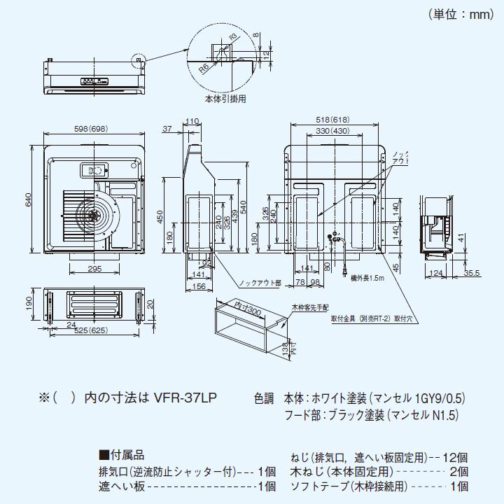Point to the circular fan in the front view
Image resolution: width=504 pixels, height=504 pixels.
(x=92, y=215)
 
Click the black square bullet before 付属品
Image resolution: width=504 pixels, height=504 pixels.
(x=104, y=454)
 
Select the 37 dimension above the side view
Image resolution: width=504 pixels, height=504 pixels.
(x=167, y=129)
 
